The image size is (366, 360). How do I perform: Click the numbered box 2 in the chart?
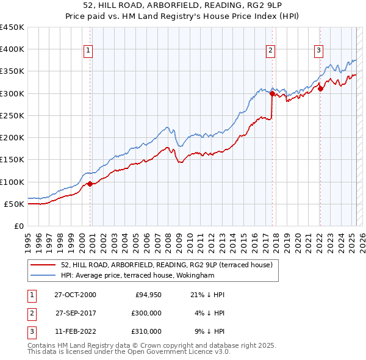[270, 51]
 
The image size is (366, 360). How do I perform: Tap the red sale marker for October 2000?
[90, 184]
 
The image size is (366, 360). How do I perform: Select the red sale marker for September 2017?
[272, 93]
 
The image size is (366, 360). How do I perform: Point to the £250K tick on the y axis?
[12, 115]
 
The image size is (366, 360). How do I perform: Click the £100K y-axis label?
[12, 182]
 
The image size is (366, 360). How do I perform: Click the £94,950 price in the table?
[148, 295]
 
